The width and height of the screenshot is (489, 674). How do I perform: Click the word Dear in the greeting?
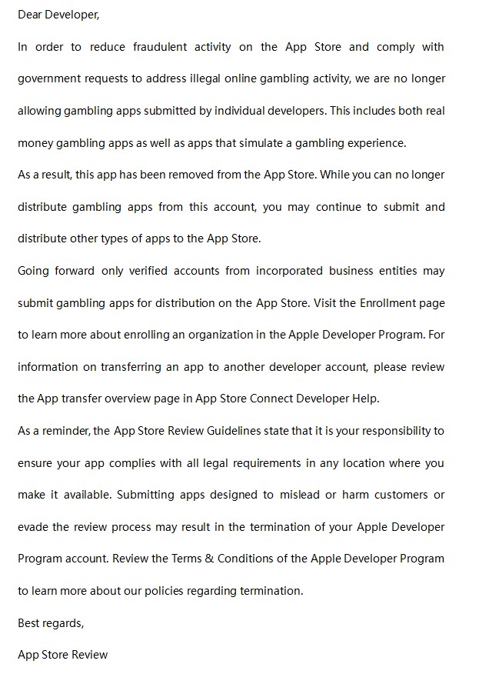(30, 15)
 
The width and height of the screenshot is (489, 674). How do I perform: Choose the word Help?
(368, 399)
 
